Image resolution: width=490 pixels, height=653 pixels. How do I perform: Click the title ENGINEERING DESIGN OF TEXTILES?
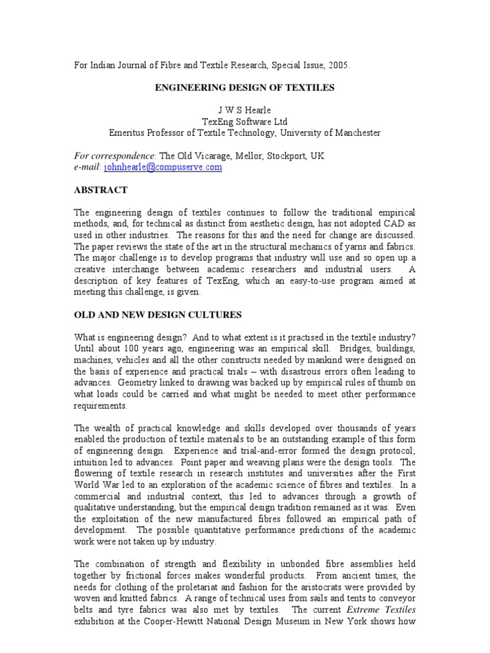coord(245,87)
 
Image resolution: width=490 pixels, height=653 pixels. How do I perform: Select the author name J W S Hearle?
coord(244,110)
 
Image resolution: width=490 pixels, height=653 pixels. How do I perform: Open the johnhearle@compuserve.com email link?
coord(163,167)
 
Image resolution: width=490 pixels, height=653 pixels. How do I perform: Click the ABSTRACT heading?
coord(101,190)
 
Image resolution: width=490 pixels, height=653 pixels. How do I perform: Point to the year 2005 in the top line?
coord(338,65)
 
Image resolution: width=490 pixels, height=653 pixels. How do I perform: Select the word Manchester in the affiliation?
coord(354,133)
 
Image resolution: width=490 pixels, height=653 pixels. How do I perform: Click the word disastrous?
coord(282,371)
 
